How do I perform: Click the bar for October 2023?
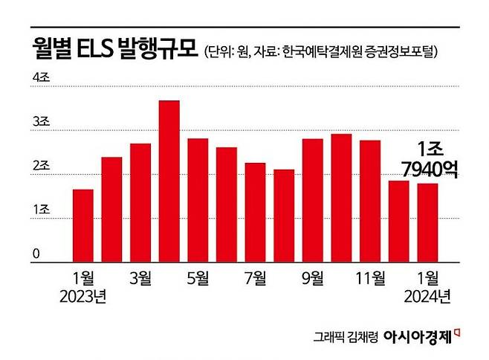(x=341, y=198)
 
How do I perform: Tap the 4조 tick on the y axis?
(x=40, y=78)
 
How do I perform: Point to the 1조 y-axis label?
(x=40, y=212)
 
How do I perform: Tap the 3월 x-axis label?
(x=140, y=279)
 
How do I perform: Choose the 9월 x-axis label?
(x=313, y=279)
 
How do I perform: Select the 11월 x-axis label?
(x=369, y=279)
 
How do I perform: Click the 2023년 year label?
(x=83, y=298)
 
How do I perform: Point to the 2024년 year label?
(x=427, y=298)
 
